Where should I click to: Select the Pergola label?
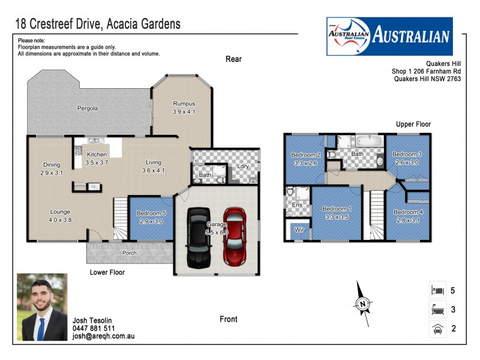point(87,109)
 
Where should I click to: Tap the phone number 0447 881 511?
point(94,329)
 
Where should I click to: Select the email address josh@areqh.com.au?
point(103,337)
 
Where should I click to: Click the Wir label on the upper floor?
point(298,230)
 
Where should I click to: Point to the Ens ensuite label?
point(296,205)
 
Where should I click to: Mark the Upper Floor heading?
point(413,124)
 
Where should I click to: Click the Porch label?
point(129,253)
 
